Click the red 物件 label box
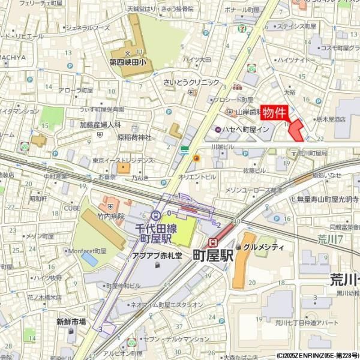[275, 112]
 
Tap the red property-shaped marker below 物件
[296, 131]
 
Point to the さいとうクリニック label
[191, 83]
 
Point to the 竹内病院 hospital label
[111, 215]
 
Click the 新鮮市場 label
[71, 322]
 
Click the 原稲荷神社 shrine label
[134, 137]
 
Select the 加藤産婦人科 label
[100, 125]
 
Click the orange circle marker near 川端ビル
[196, 158]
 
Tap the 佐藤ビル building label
[254, 170]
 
